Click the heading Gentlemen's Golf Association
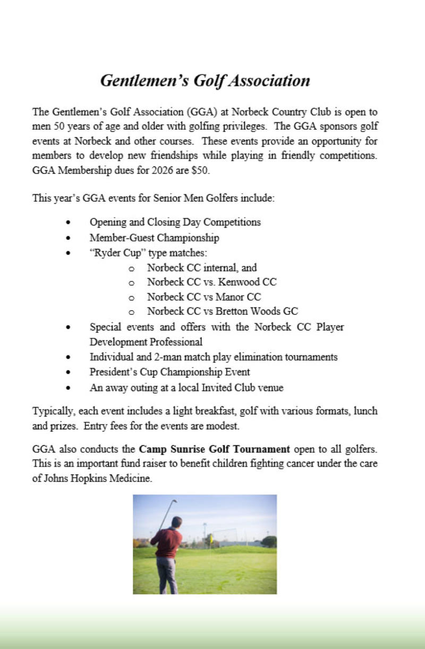(x=205, y=81)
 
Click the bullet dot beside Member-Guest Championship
(x=67, y=238)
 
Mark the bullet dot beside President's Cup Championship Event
(x=67, y=372)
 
